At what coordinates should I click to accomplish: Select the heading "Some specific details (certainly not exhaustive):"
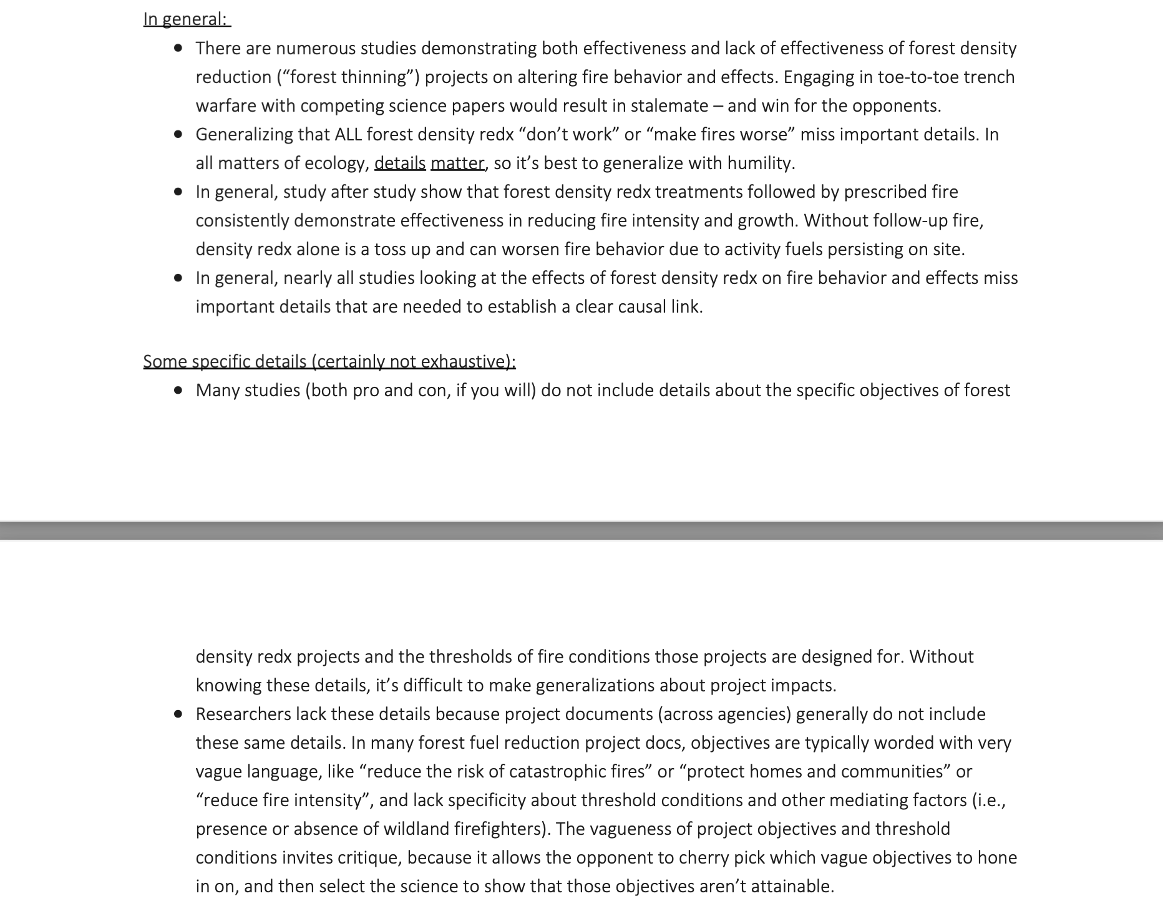329,361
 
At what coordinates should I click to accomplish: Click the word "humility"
761,163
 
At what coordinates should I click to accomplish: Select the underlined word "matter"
457,163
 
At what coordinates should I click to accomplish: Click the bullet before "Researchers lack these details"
179,714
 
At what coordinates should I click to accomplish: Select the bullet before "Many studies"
179,391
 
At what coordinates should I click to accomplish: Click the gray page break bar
581,530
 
